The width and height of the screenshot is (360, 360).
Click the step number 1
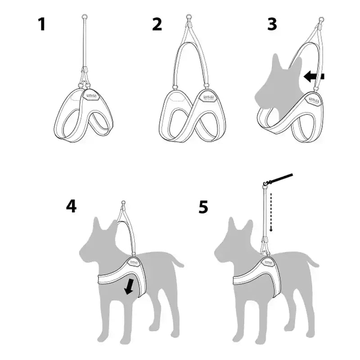(41, 24)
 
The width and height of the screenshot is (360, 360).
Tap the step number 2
(157, 24)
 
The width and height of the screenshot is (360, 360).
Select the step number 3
(272, 24)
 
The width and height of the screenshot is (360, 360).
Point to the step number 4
(71, 206)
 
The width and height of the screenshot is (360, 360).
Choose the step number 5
(203, 207)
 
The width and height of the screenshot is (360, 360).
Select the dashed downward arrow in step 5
(271, 211)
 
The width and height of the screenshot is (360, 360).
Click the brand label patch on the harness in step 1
(92, 95)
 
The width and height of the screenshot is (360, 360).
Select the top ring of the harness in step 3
(321, 20)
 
